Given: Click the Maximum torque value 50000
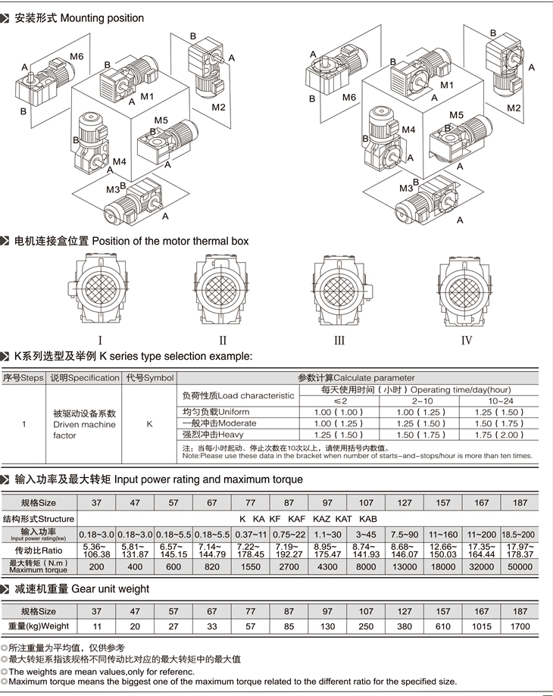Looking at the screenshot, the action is point(520,566).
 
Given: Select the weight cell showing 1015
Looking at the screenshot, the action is point(481,626).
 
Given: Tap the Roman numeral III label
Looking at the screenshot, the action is point(339,341).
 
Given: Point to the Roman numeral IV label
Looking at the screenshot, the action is point(467,341).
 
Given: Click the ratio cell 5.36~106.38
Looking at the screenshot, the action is point(96,551).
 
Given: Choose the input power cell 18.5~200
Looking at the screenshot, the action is point(518,535).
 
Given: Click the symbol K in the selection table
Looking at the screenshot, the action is point(149,424).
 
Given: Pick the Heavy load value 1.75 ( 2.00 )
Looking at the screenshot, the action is point(499,435).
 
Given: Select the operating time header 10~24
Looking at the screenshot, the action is point(501,401).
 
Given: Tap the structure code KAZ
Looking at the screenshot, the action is point(321,519).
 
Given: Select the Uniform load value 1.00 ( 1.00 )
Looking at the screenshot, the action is point(339,412).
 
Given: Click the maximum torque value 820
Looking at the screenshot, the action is point(211,566).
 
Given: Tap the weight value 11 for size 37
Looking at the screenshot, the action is point(97,626).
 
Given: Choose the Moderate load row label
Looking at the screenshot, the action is point(219,423).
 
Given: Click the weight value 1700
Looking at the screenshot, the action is point(520,626).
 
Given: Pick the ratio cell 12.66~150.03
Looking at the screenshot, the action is point(443,551).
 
